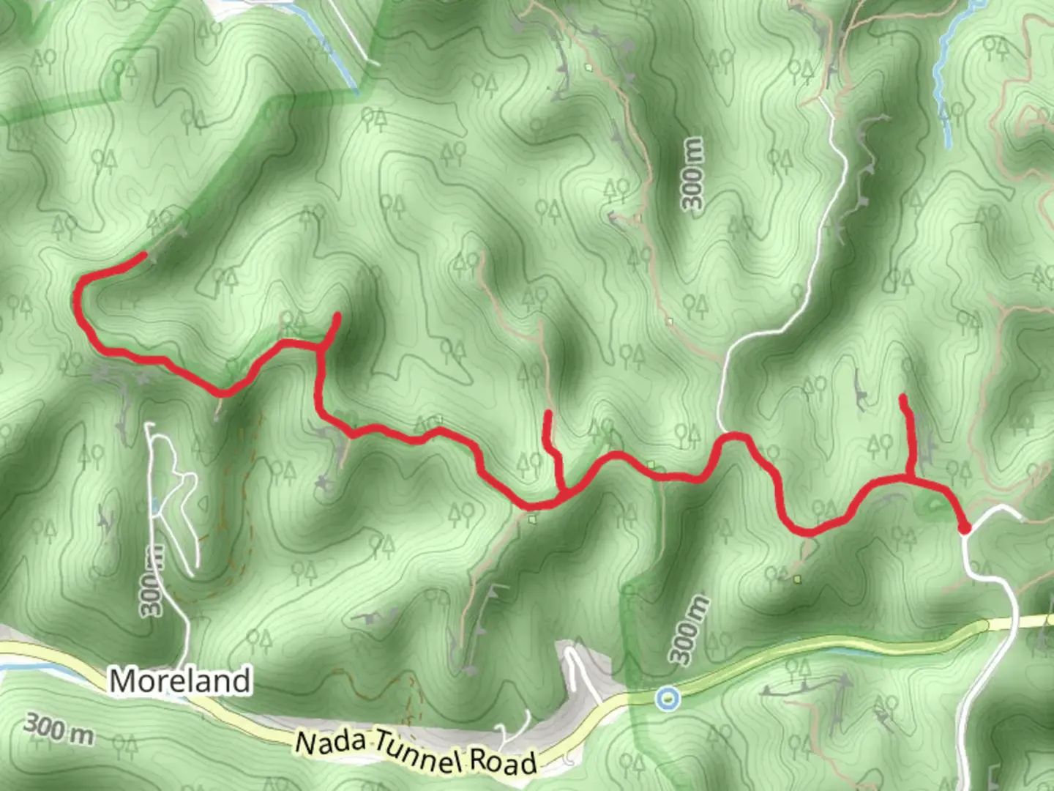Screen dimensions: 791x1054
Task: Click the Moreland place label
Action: click(x=179, y=681)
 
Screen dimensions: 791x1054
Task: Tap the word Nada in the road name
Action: click(x=330, y=741)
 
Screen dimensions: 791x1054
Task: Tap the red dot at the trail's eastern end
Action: click(x=965, y=528)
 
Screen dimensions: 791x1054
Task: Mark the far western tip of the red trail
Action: click(x=146, y=255)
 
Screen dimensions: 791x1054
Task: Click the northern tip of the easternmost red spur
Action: click(x=903, y=398)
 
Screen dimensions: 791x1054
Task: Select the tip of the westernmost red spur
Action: click(x=337, y=316)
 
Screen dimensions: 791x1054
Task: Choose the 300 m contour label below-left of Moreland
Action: click(x=59, y=729)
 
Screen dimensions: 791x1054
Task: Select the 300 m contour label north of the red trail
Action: click(x=693, y=174)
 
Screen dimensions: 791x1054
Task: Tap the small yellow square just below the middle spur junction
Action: click(x=534, y=519)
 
